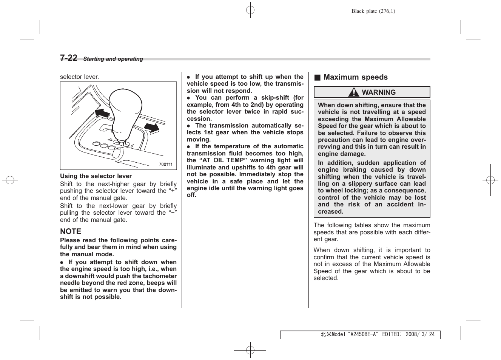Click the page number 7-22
(69, 58)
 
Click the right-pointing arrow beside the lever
(152, 128)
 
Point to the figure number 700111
(165, 164)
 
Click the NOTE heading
(71, 231)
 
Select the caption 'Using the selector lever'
(96, 176)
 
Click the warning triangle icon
(354, 92)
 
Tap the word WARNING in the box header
(379, 92)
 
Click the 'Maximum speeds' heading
(355, 77)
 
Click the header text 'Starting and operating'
(113, 59)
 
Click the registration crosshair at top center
(250, 10)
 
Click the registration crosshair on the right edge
(490, 180)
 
